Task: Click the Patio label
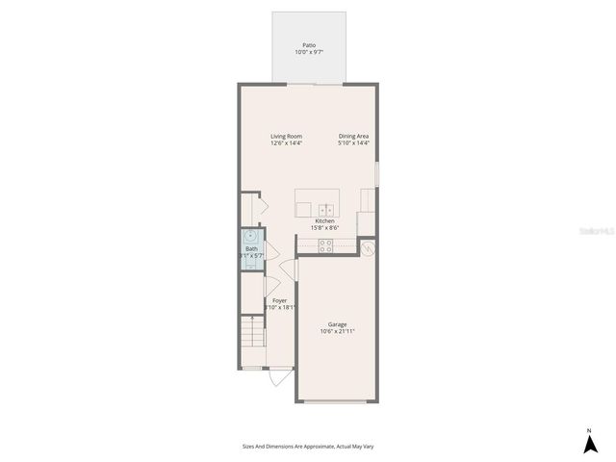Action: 309,44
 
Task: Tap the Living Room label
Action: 286,137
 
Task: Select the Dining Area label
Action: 353,137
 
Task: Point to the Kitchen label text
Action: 325,221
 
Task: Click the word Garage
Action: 337,324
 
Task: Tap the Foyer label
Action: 280,300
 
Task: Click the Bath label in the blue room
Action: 251,249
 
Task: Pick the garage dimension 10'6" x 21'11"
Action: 338,331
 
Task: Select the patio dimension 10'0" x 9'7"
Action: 309,52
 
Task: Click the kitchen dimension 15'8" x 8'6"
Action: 325,228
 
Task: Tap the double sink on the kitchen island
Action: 326,208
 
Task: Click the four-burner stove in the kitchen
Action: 326,246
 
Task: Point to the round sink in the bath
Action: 251,235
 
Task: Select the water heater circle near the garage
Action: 368,247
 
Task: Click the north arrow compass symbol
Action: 589,445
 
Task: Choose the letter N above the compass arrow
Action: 589,429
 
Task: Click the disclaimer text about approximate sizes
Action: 308,446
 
